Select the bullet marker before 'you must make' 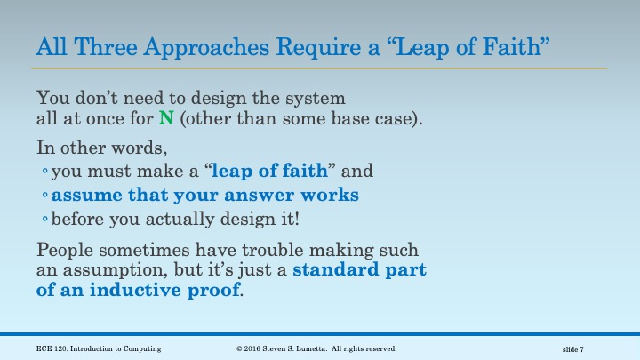[x=45, y=172]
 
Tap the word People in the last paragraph [x=66, y=251]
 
